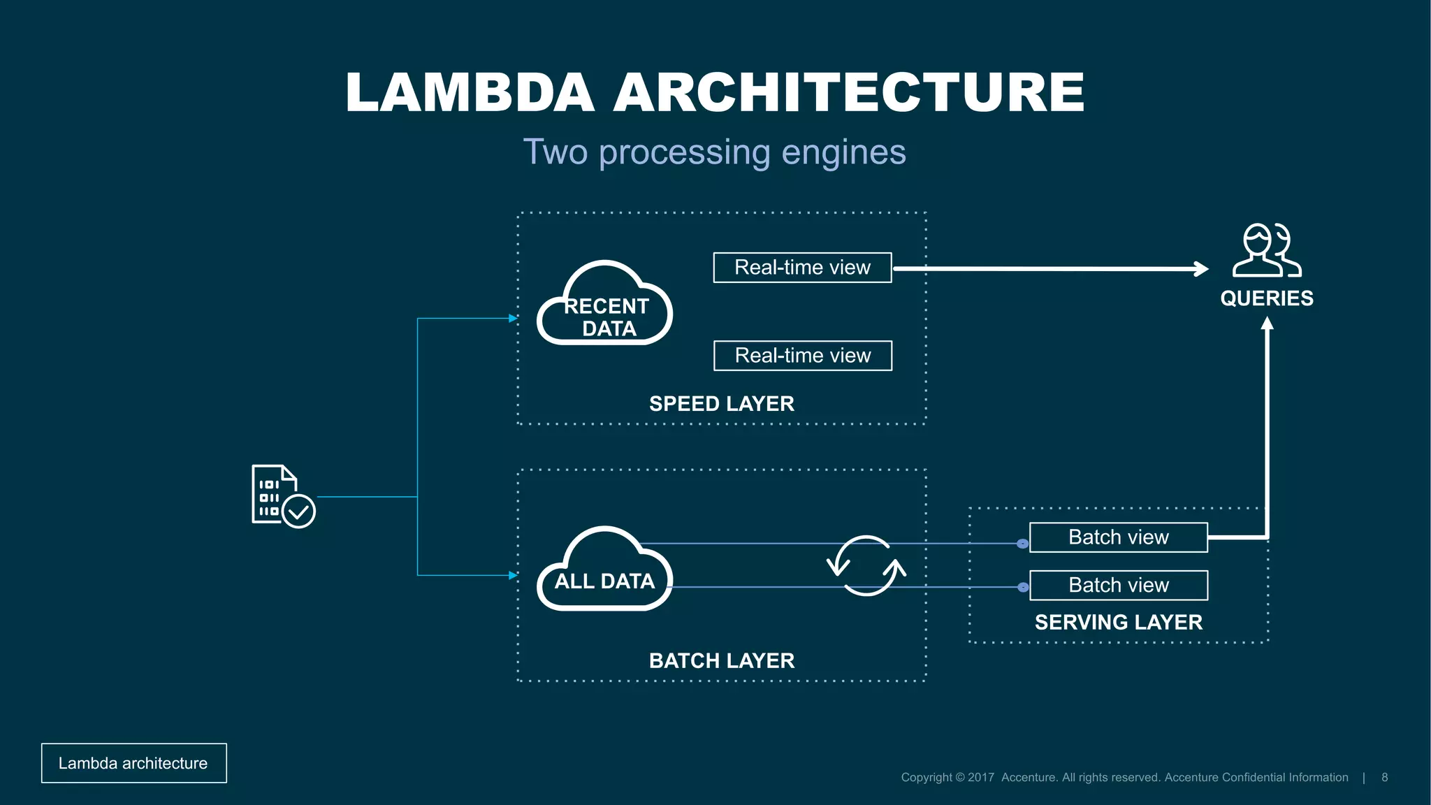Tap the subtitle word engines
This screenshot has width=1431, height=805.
[x=843, y=152]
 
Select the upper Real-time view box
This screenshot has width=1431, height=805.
[x=802, y=268]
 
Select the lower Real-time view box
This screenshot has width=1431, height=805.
[x=802, y=356]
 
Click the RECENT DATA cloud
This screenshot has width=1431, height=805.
[x=605, y=307]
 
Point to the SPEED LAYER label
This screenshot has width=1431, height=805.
[x=721, y=404]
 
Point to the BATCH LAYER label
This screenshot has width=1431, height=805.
[x=721, y=660]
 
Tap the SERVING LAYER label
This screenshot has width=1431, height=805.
[x=1118, y=622]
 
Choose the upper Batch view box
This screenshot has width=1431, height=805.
[x=1118, y=537]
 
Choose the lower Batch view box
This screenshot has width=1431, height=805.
[x=1118, y=585]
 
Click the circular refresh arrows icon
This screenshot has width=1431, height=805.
[x=866, y=566]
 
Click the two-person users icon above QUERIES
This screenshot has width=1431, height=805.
[x=1266, y=250]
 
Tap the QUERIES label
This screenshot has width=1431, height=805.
[x=1266, y=298]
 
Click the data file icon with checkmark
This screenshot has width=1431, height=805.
[x=282, y=496]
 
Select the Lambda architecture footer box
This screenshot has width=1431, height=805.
[x=133, y=763]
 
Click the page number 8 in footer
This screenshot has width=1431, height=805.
[x=1384, y=777]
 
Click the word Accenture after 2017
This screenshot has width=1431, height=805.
[x=1029, y=777]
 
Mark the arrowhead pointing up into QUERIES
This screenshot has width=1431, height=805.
[x=1267, y=324]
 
